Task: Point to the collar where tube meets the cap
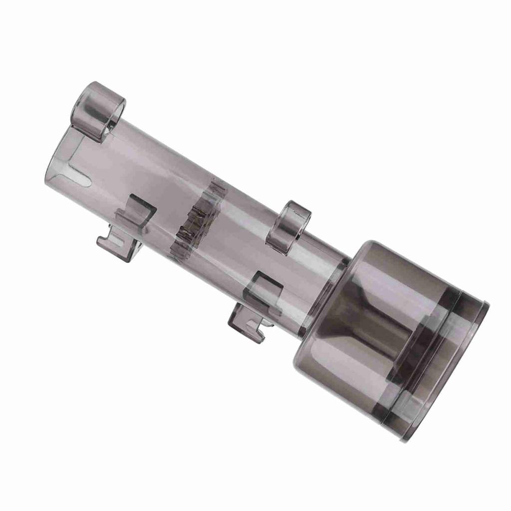324,294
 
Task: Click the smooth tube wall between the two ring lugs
200,160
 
